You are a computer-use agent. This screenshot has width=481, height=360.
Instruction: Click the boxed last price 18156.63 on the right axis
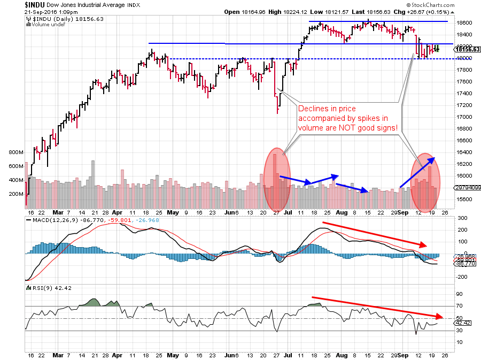467,49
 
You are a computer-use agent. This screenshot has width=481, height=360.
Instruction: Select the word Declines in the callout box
314,109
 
